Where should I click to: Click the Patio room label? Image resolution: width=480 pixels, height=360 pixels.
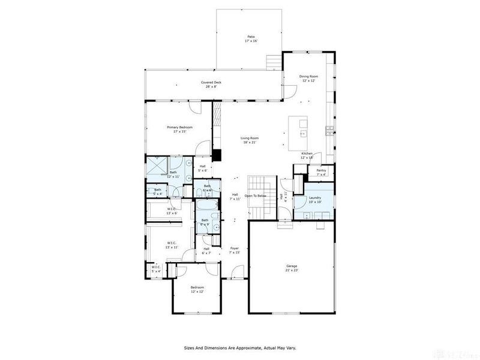point(249,38)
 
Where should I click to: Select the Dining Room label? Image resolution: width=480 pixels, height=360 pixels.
point(308,79)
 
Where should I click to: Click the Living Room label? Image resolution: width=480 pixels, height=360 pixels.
point(249,140)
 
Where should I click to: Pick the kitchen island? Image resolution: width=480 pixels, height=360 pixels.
point(298,133)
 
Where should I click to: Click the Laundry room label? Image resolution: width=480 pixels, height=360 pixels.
point(316,200)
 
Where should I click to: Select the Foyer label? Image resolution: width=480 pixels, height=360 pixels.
point(235,250)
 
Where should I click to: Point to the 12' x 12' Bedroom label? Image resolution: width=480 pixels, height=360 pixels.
point(197,290)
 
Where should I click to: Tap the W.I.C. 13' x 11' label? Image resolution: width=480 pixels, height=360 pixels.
point(172,245)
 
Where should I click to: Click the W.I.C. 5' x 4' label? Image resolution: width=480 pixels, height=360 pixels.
point(156,269)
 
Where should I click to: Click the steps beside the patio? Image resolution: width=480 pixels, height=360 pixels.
point(273,62)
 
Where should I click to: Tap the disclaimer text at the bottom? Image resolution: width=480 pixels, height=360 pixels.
point(239,347)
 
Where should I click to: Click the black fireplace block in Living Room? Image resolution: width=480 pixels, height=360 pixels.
point(217,155)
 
